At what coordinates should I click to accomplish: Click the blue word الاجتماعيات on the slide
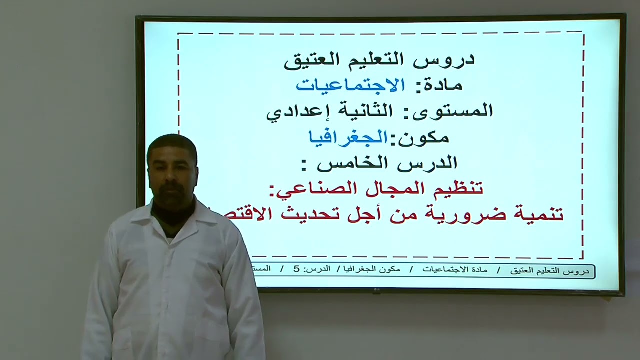[350, 85]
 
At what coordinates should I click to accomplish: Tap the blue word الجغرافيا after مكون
[348, 137]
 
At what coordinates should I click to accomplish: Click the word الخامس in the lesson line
[354, 163]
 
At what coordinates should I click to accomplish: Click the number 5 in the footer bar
[296, 269]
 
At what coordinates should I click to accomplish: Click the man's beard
[172, 195]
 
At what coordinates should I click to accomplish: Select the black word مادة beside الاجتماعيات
[442, 85]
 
